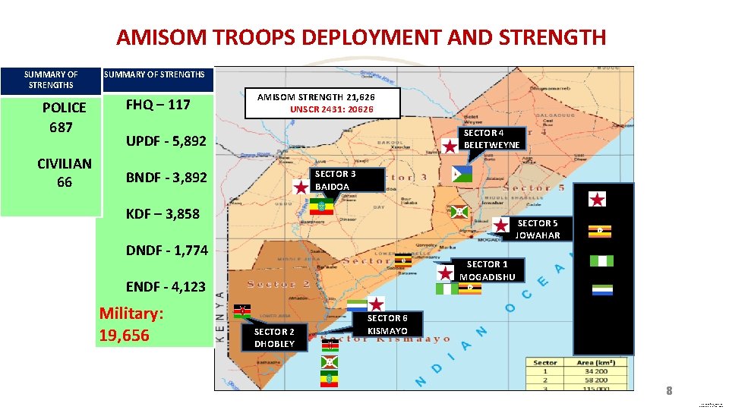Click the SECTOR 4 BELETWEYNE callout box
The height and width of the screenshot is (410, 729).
coord(491,139)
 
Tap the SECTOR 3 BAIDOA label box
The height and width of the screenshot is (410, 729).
coord(335,180)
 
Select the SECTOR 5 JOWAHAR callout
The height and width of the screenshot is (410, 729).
coord(537,229)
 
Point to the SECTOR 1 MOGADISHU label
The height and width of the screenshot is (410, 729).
coord(487,270)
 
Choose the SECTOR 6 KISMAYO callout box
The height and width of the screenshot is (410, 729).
coord(387,324)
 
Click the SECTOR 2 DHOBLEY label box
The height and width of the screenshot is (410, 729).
coord(274,338)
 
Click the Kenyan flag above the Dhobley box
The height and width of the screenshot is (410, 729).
coord(242,311)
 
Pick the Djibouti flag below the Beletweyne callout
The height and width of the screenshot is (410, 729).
coord(461,174)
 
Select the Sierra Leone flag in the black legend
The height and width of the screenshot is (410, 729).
coord(601,290)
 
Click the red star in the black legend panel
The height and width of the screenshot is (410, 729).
coord(598,200)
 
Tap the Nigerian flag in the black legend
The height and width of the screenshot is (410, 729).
coord(601,260)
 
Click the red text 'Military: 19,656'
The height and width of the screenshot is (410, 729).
coord(132,324)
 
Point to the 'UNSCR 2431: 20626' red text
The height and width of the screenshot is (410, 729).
coord(332,109)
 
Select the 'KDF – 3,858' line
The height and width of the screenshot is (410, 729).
coord(163,214)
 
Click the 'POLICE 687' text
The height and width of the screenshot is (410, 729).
coord(64,117)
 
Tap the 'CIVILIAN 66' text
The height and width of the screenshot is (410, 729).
coord(64,172)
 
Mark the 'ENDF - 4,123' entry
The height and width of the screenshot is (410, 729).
coord(165,287)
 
